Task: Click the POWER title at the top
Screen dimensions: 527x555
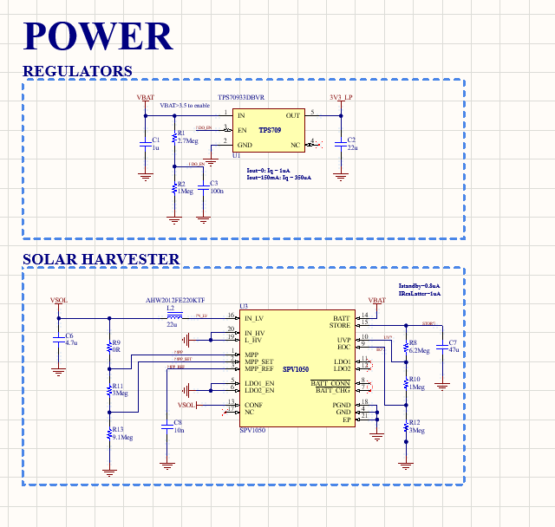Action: (x=98, y=36)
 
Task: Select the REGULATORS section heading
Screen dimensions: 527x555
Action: (x=77, y=71)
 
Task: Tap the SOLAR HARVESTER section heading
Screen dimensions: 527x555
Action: (x=101, y=259)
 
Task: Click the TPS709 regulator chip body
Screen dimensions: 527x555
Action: (x=269, y=129)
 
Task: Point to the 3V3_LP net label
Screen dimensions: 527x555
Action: (x=341, y=97)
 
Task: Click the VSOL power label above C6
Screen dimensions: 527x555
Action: (x=59, y=301)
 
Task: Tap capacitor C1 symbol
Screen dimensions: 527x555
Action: (x=145, y=145)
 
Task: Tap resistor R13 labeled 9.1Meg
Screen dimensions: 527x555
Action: (x=109, y=433)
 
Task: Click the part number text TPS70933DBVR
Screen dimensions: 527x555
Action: (x=241, y=99)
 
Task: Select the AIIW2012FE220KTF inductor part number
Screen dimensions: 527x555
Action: (x=174, y=301)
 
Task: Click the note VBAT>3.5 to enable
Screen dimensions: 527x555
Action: (x=185, y=106)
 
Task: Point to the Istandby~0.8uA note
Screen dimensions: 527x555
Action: (x=419, y=285)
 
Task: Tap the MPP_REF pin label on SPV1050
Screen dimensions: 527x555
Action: (x=259, y=368)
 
